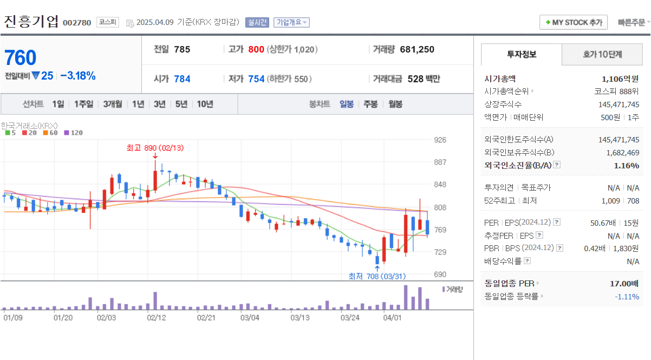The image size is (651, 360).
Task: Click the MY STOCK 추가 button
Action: coord(574,22)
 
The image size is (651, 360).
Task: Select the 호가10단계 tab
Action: coord(602,54)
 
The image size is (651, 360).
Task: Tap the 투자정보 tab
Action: coord(522,54)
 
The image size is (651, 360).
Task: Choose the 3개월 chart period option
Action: coord(113,104)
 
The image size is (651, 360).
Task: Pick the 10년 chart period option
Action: coord(205,104)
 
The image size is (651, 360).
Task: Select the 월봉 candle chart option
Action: coord(395,104)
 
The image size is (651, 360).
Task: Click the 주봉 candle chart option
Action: coord(370,104)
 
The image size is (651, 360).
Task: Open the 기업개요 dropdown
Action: coord(291,22)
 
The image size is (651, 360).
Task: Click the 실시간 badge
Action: coord(257,22)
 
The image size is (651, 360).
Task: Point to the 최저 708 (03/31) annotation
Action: coord(377,276)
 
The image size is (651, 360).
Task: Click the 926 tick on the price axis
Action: coord(440,140)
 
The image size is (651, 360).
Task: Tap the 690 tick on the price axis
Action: coord(440,274)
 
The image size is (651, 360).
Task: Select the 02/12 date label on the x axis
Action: coord(157,317)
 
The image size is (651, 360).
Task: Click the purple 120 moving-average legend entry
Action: coord(73,133)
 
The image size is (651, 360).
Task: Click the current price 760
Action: coord(21,58)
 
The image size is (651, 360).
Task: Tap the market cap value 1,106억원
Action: coord(620,78)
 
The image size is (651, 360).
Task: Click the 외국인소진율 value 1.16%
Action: coord(626,166)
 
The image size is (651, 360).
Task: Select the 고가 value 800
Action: coord(256,49)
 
